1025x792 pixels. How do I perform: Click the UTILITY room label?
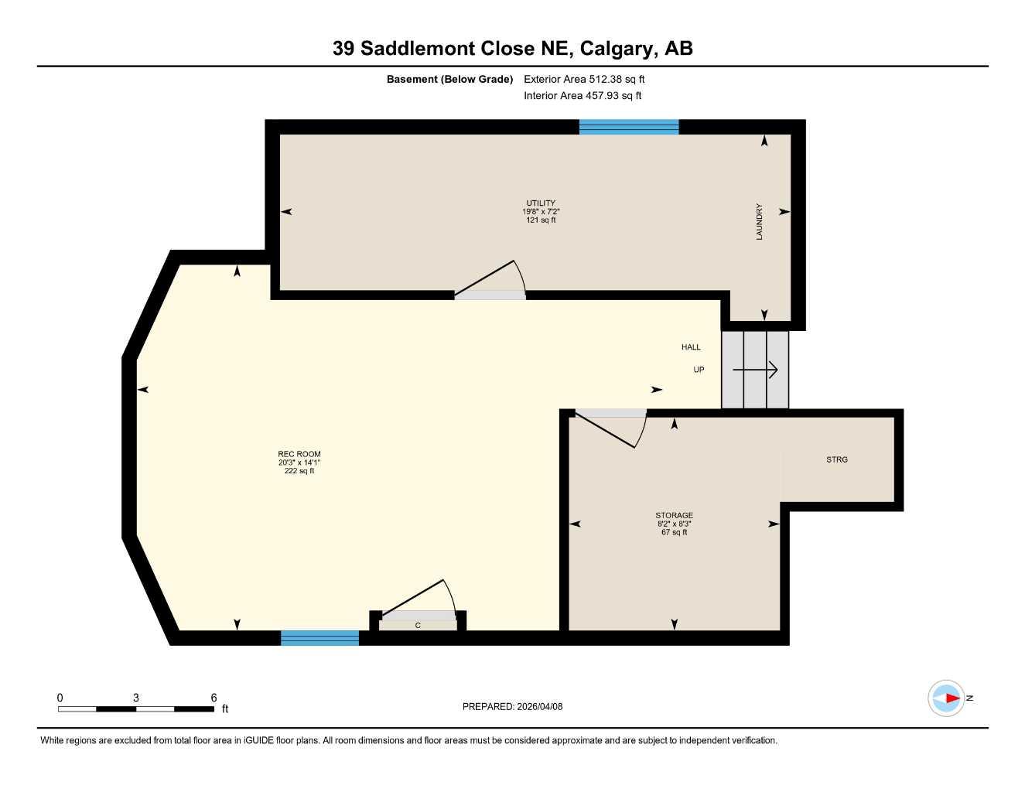tap(541, 203)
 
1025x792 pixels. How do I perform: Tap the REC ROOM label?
tap(299, 454)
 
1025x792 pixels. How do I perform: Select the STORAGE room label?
tap(674, 515)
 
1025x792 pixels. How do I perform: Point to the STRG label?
tap(837, 459)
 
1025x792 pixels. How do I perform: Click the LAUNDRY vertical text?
tap(759, 222)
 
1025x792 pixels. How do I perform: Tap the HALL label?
tap(691, 347)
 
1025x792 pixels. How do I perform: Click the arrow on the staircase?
tap(755, 370)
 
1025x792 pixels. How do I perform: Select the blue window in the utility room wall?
tap(628, 127)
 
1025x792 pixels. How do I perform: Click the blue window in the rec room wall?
tap(319, 638)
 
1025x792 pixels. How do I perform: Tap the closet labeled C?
tap(418, 625)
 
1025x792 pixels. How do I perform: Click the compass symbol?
tap(946, 698)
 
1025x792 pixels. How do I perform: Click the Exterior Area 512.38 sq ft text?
tap(584, 79)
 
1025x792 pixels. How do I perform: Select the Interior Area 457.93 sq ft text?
tap(583, 96)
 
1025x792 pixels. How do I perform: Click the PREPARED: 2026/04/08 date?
tap(512, 706)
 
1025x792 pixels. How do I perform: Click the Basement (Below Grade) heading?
tap(449, 79)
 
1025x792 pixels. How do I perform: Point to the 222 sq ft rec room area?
tap(299, 471)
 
